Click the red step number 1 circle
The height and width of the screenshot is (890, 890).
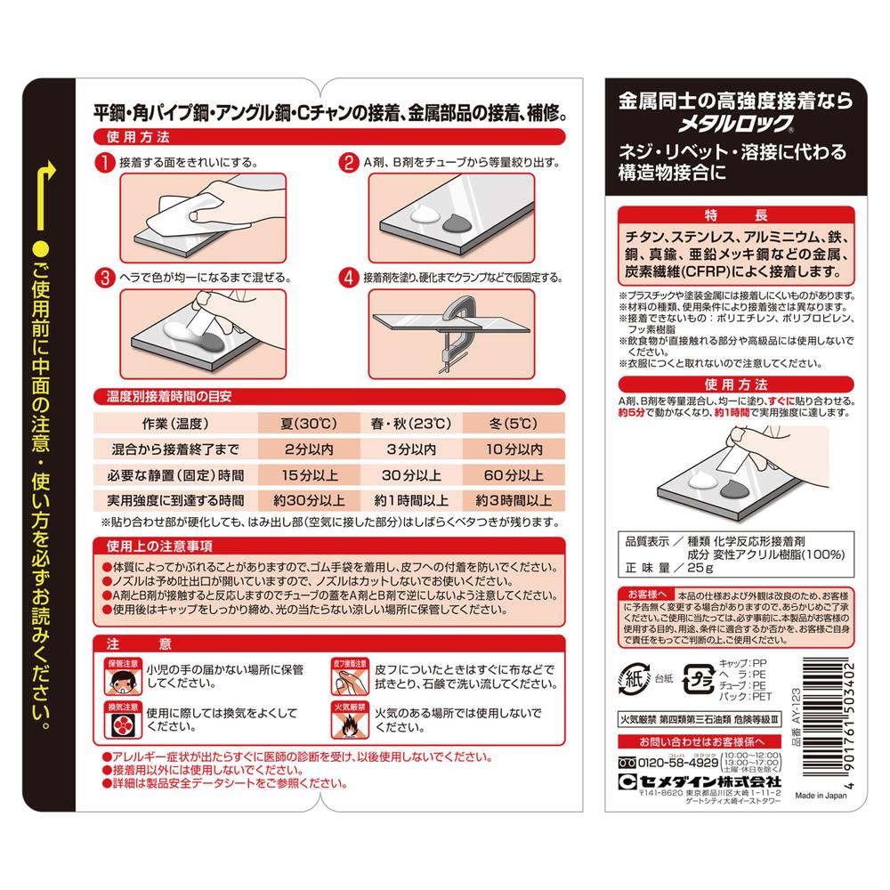pyautogui.click(x=105, y=162)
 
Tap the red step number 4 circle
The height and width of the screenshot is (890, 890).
pyautogui.click(x=349, y=278)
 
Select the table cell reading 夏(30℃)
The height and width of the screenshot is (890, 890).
pyautogui.click(x=309, y=424)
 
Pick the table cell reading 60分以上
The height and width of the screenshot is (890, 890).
pyautogui.click(x=514, y=475)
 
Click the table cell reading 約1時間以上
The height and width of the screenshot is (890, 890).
pyautogui.click(x=411, y=500)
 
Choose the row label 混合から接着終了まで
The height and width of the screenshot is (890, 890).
pyautogui.click(x=175, y=449)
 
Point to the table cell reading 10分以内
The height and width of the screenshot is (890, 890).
pyautogui.click(x=514, y=449)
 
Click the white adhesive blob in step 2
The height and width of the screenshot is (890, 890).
pyautogui.click(x=424, y=215)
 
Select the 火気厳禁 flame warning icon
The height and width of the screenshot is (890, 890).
pyautogui.click(x=350, y=720)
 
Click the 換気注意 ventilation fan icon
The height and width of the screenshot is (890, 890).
pyautogui.click(x=123, y=720)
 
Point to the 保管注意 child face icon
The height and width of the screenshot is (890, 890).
pyautogui.click(x=123, y=677)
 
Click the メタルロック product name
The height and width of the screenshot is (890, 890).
pyautogui.click(x=735, y=124)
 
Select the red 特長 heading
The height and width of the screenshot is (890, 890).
pyautogui.click(x=736, y=215)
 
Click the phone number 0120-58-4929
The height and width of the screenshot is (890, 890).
pyautogui.click(x=678, y=763)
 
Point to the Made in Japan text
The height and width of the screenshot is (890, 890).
pyautogui.click(x=821, y=795)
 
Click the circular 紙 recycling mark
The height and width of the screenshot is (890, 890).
pyautogui.click(x=634, y=678)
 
